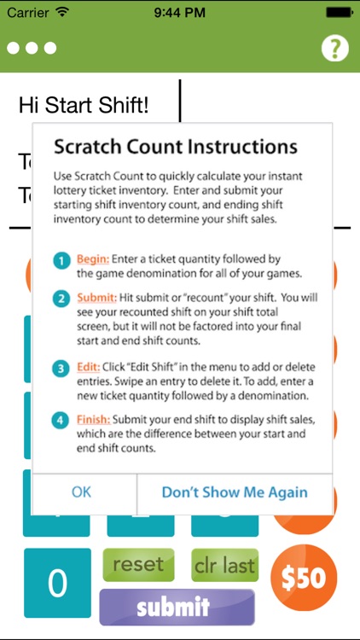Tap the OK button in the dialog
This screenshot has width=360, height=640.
click(82, 492)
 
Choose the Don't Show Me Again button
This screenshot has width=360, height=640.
click(235, 492)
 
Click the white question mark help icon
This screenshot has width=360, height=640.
click(335, 48)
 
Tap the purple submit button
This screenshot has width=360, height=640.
click(177, 607)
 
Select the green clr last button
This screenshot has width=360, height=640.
click(225, 565)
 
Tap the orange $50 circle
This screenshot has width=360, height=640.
click(304, 578)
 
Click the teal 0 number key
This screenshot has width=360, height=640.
click(57, 584)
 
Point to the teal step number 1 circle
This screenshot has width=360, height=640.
click(61, 260)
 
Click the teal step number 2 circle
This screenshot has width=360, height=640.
click(61, 299)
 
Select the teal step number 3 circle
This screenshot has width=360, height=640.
click(61, 368)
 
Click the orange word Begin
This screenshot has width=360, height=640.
click(95, 258)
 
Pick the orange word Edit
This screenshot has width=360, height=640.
click(90, 367)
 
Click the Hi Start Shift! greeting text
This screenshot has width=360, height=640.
click(83, 106)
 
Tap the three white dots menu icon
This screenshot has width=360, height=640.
click(32, 48)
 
